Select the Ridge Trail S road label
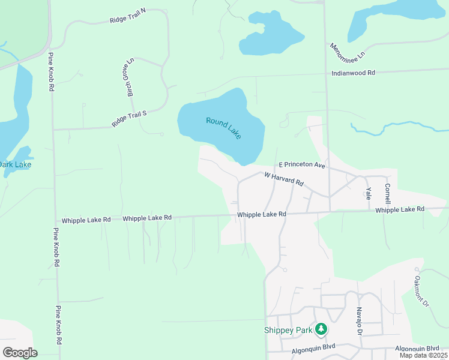click(129, 118)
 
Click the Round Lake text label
click(223, 128)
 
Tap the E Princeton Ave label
click(301, 164)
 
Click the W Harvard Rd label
click(284, 179)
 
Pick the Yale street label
click(368, 193)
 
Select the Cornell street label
click(388, 193)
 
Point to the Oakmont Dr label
click(422, 292)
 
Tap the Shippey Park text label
click(288, 329)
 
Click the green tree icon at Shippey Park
click(322, 329)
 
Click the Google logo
click(20, 352)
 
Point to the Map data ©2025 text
click(424, 355)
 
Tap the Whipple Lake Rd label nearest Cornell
click(400, 209)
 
